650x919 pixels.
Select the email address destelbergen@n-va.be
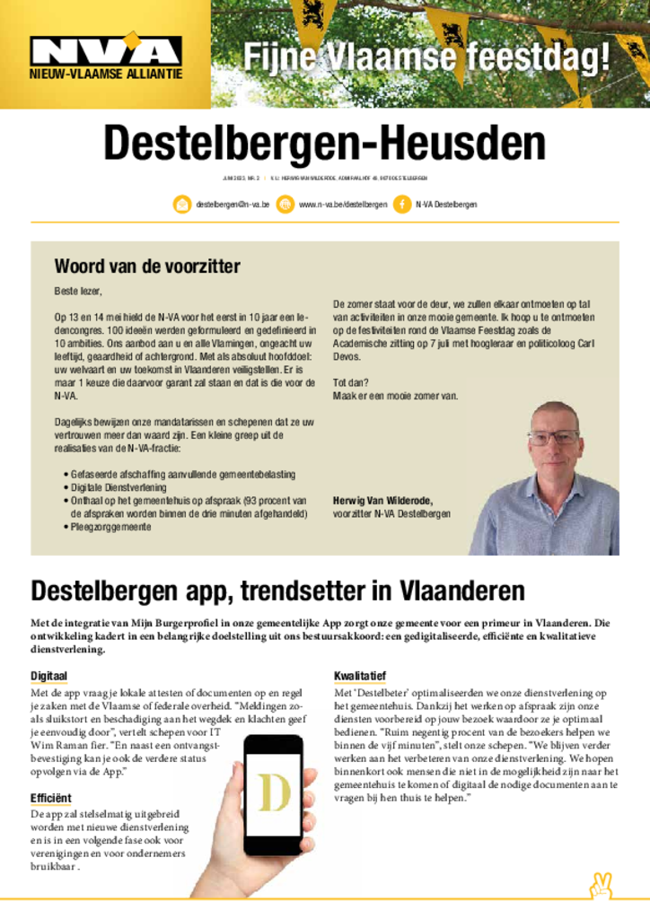[x=233, y=205]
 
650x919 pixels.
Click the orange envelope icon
[x=182, y=205]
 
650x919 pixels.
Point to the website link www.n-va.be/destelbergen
[x=342, y=205]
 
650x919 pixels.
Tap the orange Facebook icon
[x=401, y=205]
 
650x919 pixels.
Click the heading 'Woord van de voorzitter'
[x=147, y=266]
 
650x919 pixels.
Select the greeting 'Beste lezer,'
[x=79, y=292]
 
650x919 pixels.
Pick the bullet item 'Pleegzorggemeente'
[x=111, y=528]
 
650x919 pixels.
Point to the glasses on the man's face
[x=553, y=438]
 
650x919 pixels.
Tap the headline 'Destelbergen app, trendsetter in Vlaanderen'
[x=277, y=591]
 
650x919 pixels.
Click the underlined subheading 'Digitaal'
[x=49, y=675]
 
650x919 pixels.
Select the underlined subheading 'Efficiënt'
[x=51, y=797]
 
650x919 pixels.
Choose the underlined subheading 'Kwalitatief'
[x=360, y=675]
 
